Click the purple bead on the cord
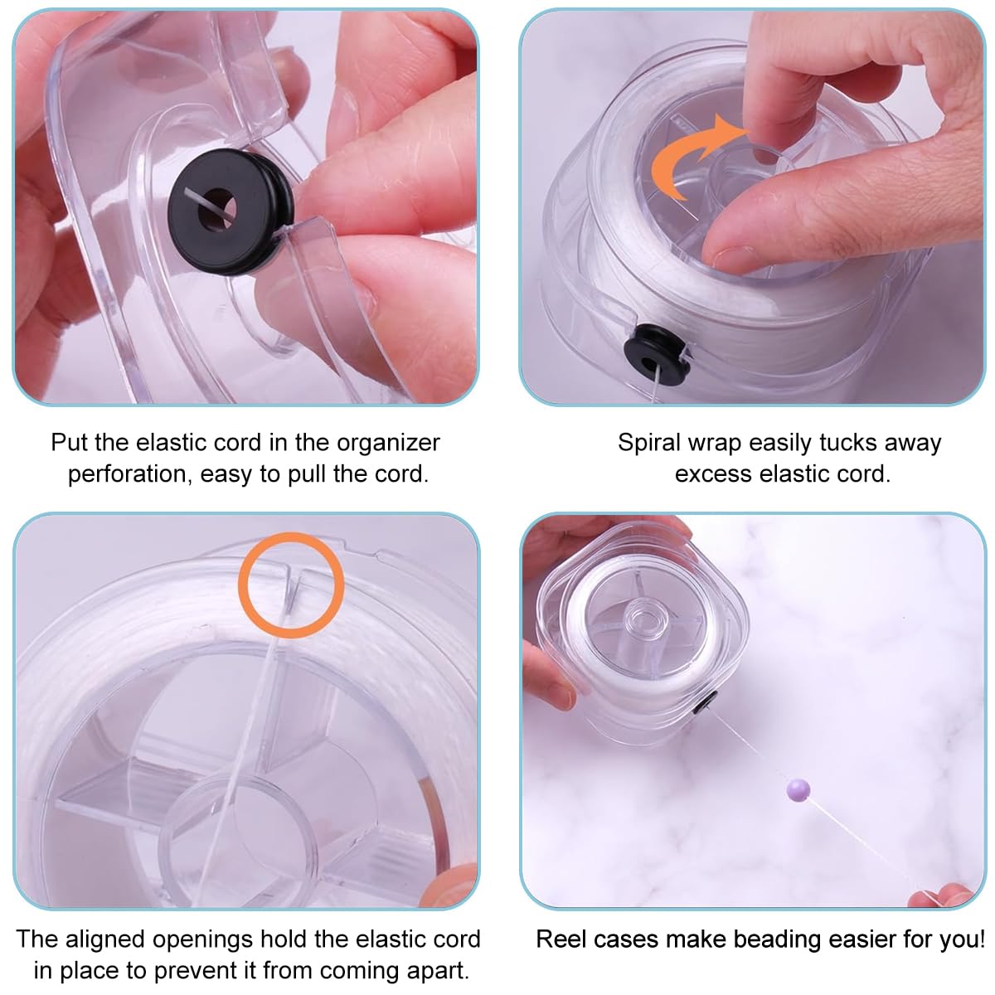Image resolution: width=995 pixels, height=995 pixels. (798, 790)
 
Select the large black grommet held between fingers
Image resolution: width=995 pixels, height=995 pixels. (231, 211)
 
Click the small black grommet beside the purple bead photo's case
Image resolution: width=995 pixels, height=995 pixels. (705, 701)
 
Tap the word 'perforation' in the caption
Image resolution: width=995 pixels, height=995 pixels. (128, 474)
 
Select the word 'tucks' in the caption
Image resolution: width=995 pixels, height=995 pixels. (849, 442)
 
